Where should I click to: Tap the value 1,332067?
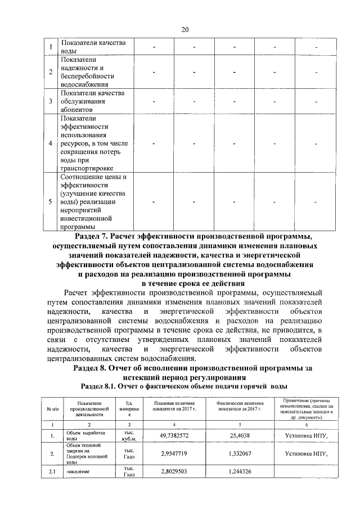pos(240,453)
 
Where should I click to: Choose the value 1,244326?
pos(240,471)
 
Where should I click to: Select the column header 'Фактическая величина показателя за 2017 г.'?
pos(240,408)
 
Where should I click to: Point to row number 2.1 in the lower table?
pos(51,471)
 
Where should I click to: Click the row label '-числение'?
pos(80,471)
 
